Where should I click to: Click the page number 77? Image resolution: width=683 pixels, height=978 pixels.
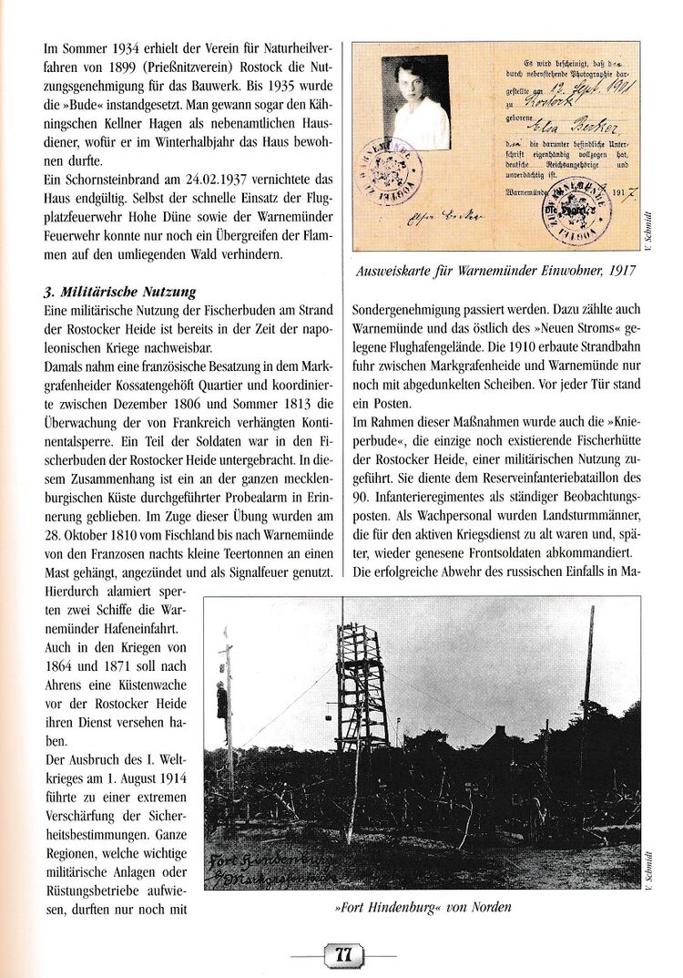(x=342, y=955)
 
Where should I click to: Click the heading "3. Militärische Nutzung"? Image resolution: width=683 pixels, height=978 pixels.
(x=118, y=293)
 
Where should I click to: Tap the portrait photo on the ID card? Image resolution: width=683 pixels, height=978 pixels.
(x=415, y=102)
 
